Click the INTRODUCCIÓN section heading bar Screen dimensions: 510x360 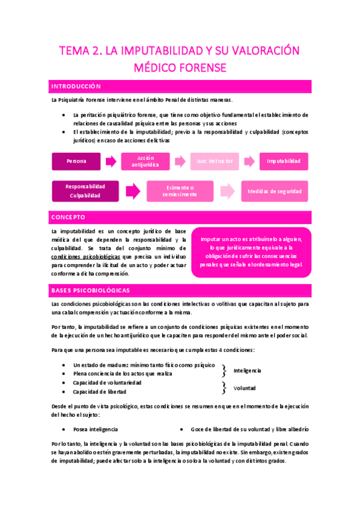pos(180,87)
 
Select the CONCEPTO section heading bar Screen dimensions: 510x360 pos(180,217)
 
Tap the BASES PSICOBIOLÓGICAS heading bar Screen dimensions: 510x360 pos(180,290)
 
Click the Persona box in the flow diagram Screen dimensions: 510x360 pos(76,161)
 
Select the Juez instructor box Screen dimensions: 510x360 pos(214,161)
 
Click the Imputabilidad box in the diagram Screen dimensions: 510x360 pos(284,161)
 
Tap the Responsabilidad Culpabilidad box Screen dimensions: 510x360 pos(85,191)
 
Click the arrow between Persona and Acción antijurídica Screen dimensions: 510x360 pos(111,161)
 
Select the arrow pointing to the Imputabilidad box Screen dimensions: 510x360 pos(249,161)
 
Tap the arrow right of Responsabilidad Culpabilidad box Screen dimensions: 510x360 pos(133,191)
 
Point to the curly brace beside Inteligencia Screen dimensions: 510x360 pos(224,369)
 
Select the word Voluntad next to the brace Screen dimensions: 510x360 pos(245,388)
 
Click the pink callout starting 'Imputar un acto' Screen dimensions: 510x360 pos(251,252)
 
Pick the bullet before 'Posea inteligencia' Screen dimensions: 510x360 pos(64,429)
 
